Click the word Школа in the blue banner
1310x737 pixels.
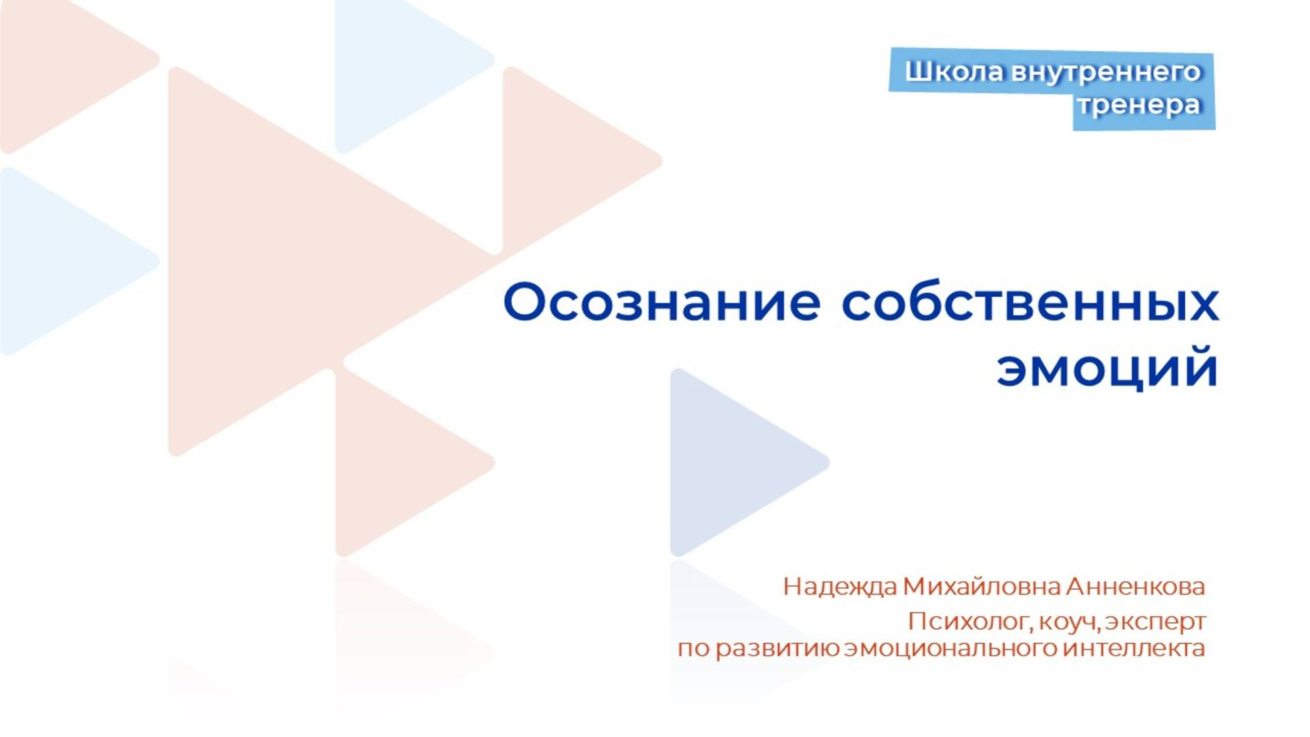pyautogui.click(x=954, y=72)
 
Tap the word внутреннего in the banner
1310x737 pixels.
pyautogui.click(x=1105, y=72)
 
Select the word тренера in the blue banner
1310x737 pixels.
pyautogui.click(x=1139, y=105)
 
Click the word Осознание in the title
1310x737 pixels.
pyautogui.click(x=661, y=302)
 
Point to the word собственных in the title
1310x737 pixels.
pyautogui.click(x=1030, y=302)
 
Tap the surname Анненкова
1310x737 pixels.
pyautogui.click(x=1135, y=586)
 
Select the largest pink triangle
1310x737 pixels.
pyautogui.click(x=287, y=259)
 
